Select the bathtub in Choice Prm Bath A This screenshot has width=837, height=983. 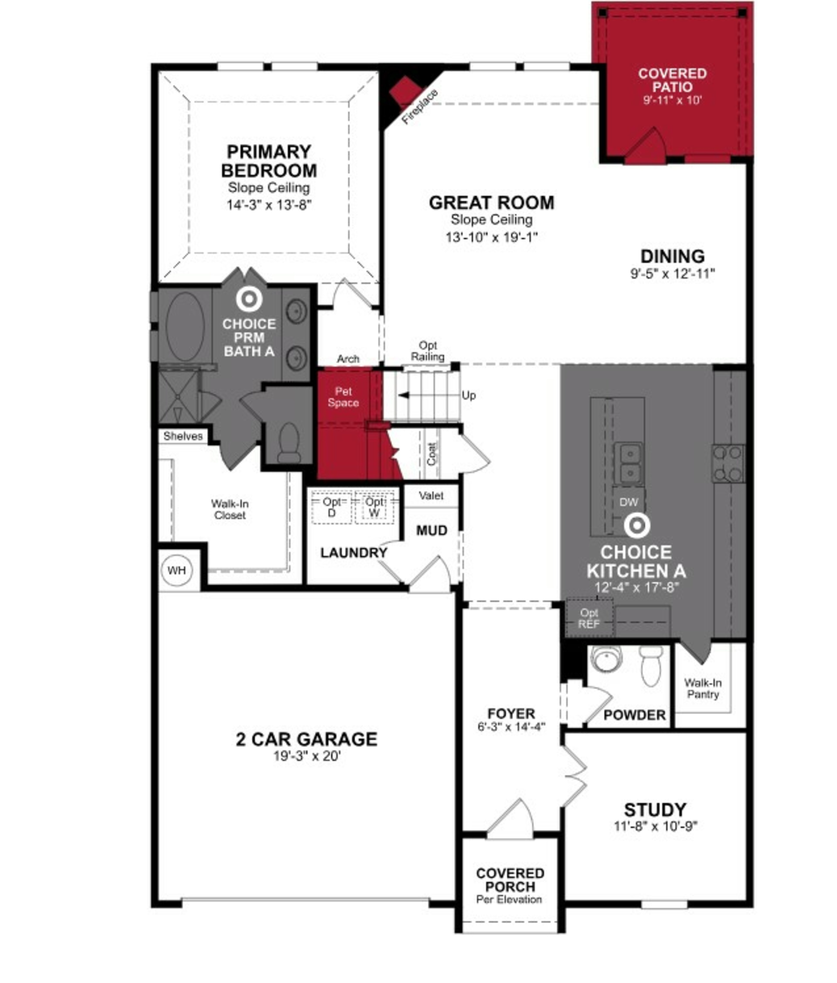click(185, 326)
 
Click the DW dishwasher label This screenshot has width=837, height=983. click(628, 502)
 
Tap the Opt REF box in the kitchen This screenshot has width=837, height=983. click(589, 618)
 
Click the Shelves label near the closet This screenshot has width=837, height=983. click(183, 436)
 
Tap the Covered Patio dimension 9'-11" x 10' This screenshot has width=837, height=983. click(672, 100)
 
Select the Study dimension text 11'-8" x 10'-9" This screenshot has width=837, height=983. click(655, 826)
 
